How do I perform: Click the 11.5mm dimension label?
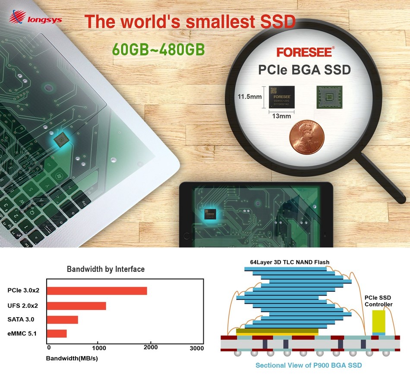coord(250,96)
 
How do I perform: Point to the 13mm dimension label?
coord(281,116)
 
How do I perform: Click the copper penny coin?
coord(307,137)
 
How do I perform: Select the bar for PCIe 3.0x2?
coord(97,291)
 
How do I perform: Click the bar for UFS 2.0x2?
coord(76,306)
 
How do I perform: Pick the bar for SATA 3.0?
coord(63,320)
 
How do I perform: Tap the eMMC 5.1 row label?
coord(25,333)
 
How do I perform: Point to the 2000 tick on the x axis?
coord(150,347)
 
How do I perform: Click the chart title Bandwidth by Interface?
coord(106,269)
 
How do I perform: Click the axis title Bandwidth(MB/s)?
coord(72,359)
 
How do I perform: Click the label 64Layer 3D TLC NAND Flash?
coord(290,262)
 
